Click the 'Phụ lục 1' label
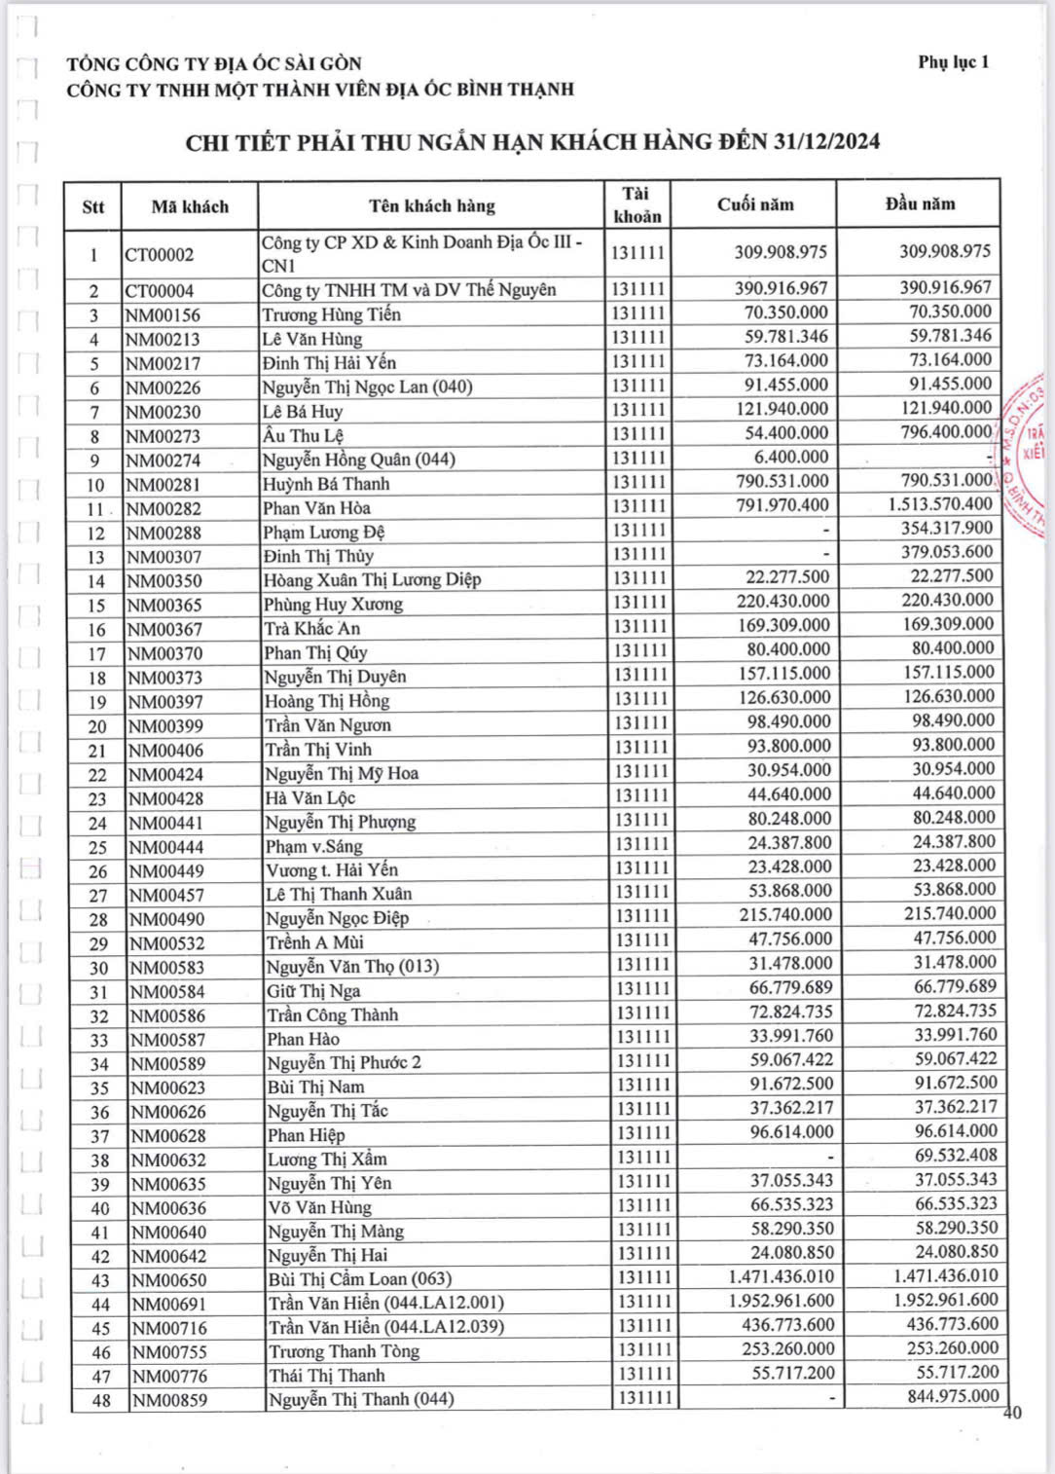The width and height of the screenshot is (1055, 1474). pos(953,62)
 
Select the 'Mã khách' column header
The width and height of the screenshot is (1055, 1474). pos(190,206)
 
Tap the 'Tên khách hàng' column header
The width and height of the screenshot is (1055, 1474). pos(431,205)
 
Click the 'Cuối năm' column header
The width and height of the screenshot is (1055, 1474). pos(755,204)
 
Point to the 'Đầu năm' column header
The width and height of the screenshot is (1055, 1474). pos(920,203)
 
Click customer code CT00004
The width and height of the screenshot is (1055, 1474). pos(160,291)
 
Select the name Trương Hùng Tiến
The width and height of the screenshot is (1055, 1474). pos(331,314)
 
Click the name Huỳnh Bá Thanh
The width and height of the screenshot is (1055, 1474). pos(326,484)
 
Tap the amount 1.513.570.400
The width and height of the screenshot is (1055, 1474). pos(939,503)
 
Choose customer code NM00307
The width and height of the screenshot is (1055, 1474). pos(164,557)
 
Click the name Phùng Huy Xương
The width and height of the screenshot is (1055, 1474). pos(333,605)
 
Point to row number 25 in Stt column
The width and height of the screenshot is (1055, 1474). pos(97,847)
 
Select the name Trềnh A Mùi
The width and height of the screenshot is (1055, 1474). pos(315,942)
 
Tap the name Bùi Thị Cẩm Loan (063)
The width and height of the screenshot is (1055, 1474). pos(360,1279)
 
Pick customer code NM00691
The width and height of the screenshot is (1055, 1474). pos(168,1304)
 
